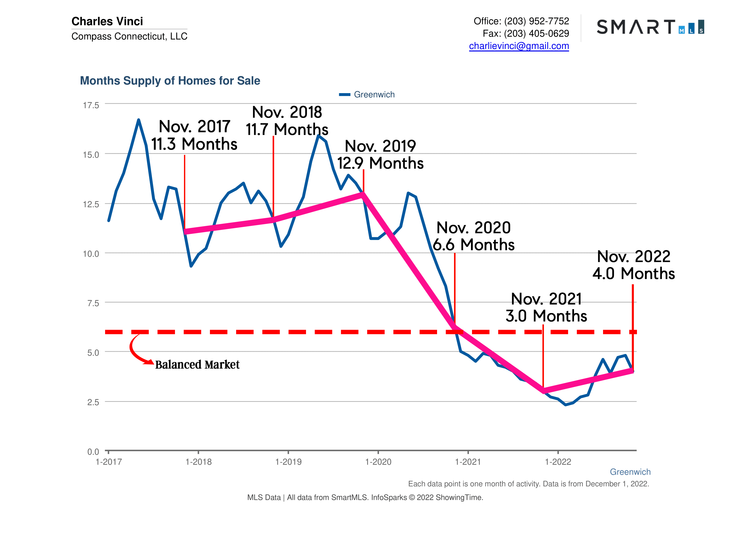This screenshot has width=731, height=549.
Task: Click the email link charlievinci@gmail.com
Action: point(519,46)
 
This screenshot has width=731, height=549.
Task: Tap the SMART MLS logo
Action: point(650,27)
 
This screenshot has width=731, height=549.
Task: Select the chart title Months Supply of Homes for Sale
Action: point(170,81)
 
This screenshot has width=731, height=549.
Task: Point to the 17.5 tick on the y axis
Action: point(91,105)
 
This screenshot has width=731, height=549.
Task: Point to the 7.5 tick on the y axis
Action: point(93,303)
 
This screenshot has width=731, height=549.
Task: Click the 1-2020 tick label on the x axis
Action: point(378,462)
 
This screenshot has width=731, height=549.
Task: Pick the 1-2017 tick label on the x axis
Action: point(108,462)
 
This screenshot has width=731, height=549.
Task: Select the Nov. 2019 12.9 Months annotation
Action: point(380,155)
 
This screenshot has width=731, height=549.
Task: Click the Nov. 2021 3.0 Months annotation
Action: point(546,307)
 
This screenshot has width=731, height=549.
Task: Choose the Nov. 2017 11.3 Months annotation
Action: point(194,135)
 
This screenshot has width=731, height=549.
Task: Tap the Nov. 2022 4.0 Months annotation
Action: point(633,265)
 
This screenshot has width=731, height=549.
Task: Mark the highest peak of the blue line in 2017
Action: point(138,120)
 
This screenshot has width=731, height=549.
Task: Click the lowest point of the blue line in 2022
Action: point(566,404)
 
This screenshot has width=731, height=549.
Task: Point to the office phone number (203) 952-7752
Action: point(536,21)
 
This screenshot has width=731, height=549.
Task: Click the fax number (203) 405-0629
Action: point(536,33)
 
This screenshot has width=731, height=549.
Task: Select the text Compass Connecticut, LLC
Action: point(129,36)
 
